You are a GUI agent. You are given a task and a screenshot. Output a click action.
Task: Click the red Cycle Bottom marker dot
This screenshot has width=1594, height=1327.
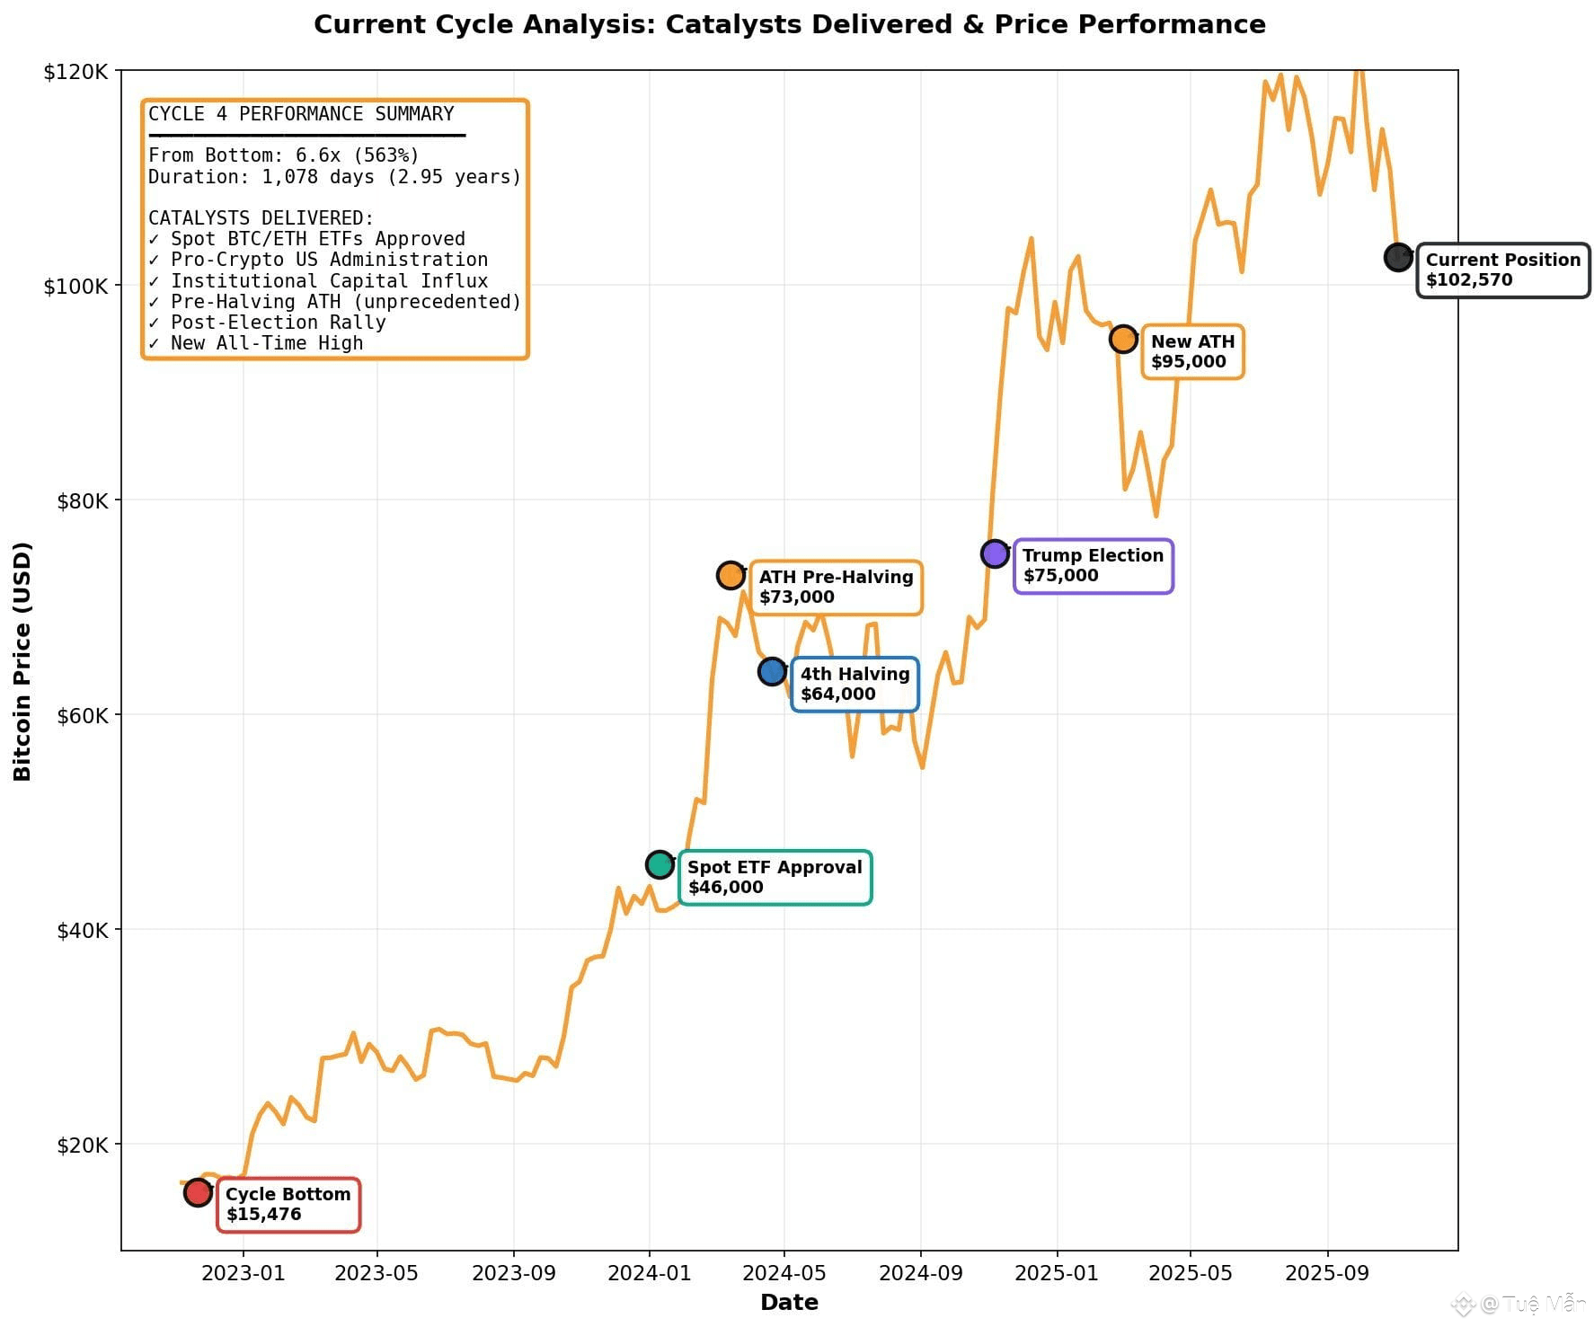[x=198, y=1192]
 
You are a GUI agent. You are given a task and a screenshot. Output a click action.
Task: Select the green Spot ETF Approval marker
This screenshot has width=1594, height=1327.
[x=660, y=864]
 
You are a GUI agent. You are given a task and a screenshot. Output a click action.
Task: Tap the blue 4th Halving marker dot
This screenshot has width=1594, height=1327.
[x=772, y=670]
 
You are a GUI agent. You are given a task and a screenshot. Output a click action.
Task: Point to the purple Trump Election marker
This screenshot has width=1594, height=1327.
[x=995, y=553]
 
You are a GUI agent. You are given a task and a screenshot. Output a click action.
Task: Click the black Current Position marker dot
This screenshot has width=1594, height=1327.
[x=1398, y=257]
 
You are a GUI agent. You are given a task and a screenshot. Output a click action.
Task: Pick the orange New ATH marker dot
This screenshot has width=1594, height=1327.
[x=1123, y=339]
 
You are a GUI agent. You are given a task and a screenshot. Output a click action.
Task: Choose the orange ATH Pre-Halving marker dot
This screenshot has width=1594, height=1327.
[x=731, y=575]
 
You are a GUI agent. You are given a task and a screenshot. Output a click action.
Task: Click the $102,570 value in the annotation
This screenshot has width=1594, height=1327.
[x=1469, y=279]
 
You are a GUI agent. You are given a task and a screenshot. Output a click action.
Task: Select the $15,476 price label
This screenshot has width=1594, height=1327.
[x=263, y=1214]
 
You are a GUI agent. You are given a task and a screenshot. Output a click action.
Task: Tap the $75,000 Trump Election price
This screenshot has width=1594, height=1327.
[x=1060, y=575]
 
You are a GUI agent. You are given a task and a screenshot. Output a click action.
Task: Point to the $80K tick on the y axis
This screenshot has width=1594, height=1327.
[x=83, y=500]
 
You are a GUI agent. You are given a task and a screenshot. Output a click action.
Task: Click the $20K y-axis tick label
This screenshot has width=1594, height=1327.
[x=83, y=1145]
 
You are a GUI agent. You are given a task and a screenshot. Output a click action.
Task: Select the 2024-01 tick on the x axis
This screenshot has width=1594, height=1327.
[x=649, y=1273]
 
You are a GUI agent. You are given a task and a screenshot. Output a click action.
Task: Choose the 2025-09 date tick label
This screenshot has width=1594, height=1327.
[x=1327, y=1273]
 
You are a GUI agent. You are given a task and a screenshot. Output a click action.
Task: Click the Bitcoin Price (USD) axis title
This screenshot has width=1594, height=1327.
[x=22, y=661]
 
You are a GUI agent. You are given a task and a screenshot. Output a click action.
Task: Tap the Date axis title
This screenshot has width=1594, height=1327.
[x=789, y=1302]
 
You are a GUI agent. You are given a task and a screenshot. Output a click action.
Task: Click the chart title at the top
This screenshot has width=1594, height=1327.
[x=789, y=24]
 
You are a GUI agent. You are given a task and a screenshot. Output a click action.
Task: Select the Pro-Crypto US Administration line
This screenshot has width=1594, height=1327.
[x=318, y=260]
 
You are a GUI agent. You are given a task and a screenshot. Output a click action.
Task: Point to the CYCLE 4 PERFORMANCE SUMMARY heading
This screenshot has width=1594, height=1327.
[x=301, y=114]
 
